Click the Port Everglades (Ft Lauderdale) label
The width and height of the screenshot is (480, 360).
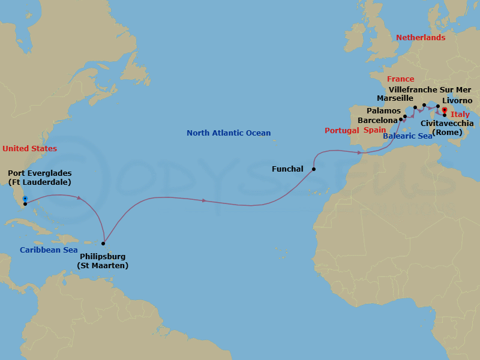pos(40,178)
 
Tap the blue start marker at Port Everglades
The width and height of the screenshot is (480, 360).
pos(25,199)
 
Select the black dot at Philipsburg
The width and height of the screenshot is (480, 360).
pos(104,244)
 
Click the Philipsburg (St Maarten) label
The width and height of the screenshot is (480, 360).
pos(103,261)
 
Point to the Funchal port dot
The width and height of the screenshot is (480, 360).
pos(314,169)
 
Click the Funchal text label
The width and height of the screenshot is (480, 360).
pos(287,169)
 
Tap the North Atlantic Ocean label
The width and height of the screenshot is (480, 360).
pos(229,133)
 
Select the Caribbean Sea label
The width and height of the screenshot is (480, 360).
pos(49,250)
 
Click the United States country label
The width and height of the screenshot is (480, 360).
pos(29,148)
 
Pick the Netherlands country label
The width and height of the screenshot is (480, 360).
pos(421,37)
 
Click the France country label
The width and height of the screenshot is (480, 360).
pos(400,79)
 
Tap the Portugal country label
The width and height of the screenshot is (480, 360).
pos(341,131)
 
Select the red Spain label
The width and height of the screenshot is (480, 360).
pos(374,130)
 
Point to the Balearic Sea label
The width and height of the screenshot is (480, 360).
pos(407,136)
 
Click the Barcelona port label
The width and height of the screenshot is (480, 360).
pos(377,120)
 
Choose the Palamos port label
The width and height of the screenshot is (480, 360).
pos(383,110)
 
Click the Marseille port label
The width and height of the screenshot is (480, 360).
pos(395,98)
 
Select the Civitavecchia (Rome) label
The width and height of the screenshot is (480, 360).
pos(447,128)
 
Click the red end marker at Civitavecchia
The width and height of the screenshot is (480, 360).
pos(444,110)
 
